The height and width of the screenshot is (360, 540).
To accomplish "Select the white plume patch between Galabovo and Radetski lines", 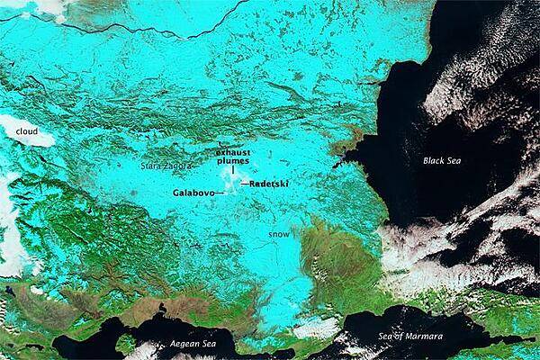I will click(x=231, y=185).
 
